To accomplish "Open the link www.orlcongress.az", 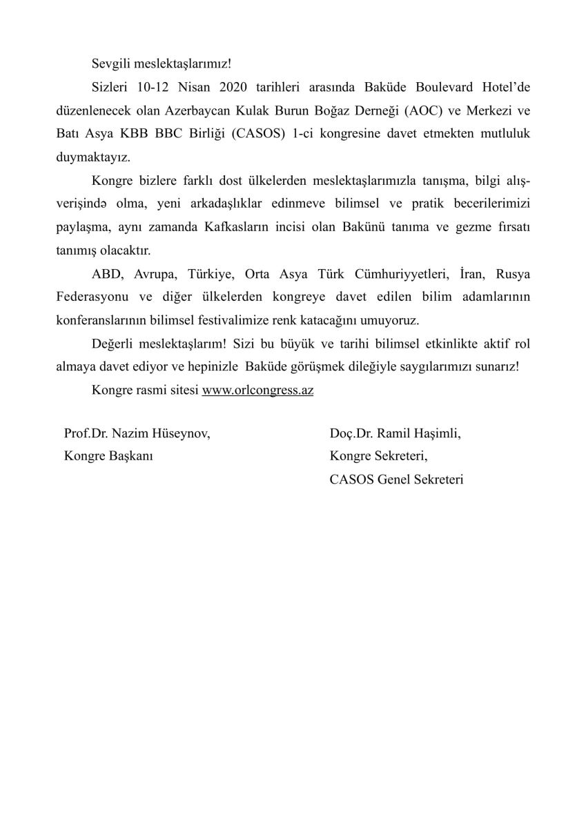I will click(258, 390).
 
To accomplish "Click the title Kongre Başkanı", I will click(108, 456).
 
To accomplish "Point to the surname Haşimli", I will click(436, 434).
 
